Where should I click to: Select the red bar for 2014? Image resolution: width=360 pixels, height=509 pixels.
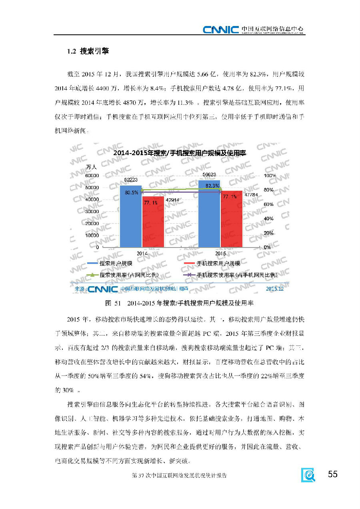pos(153,224)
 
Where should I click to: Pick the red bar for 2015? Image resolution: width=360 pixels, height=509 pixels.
pos(231,222)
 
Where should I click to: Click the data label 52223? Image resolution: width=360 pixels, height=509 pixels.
pos(131,180)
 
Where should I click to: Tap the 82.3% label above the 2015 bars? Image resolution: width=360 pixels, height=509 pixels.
pos(212,186)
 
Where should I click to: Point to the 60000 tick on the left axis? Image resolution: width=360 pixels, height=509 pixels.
pos(92,176)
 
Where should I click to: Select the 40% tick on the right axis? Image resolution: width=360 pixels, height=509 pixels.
pos(268,219)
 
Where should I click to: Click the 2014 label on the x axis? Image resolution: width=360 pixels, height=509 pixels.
pos(142,254)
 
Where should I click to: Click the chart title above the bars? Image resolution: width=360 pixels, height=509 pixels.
pos(179,153)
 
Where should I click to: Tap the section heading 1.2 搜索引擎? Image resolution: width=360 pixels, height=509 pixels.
pos(88,52)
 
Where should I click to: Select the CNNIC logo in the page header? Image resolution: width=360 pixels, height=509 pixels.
pos(220,29)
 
